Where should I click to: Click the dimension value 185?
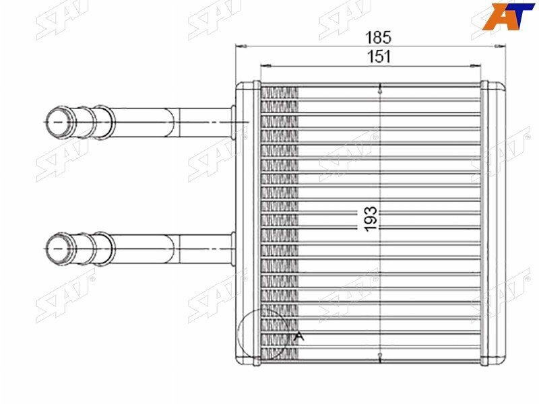[378, 37]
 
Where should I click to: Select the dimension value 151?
[379, 57]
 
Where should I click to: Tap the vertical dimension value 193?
[371, 219]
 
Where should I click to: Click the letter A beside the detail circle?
[299, 336]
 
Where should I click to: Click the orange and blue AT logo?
[509, 16]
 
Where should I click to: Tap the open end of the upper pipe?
[59, 123]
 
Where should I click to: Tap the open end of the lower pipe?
[59, 248]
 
